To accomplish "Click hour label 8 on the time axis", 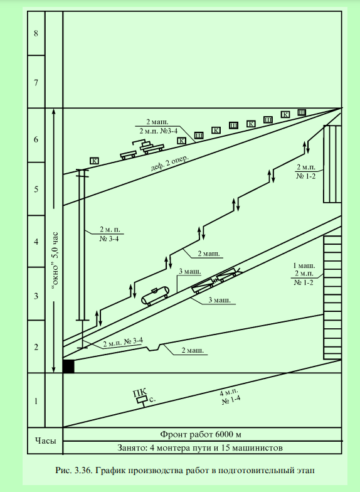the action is pos(36,33).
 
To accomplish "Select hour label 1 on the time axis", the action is pos(36,401).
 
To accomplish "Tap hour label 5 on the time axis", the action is pos(36,189).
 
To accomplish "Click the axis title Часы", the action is pos(45,441).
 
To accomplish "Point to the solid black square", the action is pos(69,366).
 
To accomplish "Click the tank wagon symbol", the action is pos(154,296).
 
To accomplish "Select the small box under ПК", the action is pos(142,400).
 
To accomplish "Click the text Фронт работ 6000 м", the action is pos(201,434).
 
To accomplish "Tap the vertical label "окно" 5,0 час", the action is pos(56,261).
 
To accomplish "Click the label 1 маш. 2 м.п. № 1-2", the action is pos(304,274).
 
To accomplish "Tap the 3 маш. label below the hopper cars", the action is pos(220,300).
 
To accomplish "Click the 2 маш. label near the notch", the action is pos(193,350).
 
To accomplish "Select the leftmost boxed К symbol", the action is pos(94,161).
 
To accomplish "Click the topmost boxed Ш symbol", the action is pos(301,112).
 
